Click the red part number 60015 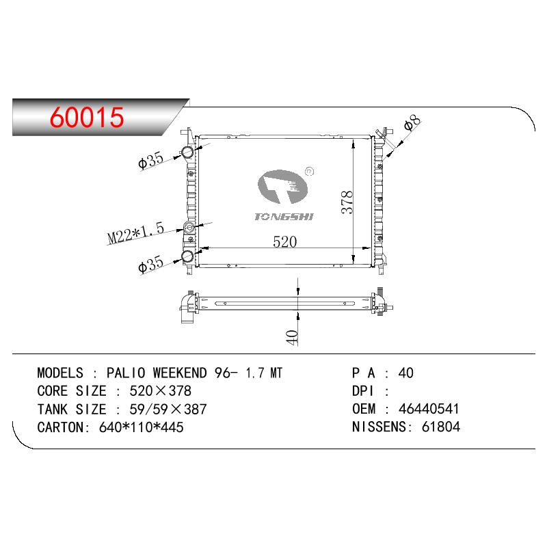[87, 117]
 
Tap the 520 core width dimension [284, 242]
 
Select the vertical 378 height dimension [347, 202]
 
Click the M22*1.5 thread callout [135, 232]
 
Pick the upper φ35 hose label [150, 160]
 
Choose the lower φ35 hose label [150, 264]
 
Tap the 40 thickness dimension [292, 337]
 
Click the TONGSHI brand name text [284, 217]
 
